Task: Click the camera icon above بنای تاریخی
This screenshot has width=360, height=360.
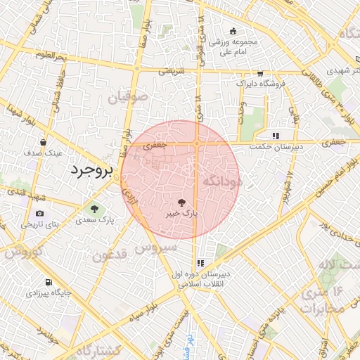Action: [x=39, y=214]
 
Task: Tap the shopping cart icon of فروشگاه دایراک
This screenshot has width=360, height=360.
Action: [x=260, y=72]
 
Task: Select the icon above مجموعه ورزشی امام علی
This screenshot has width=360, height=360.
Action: [x=233, y=30]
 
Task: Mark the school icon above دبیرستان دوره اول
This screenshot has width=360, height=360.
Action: [x=201, y=263]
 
